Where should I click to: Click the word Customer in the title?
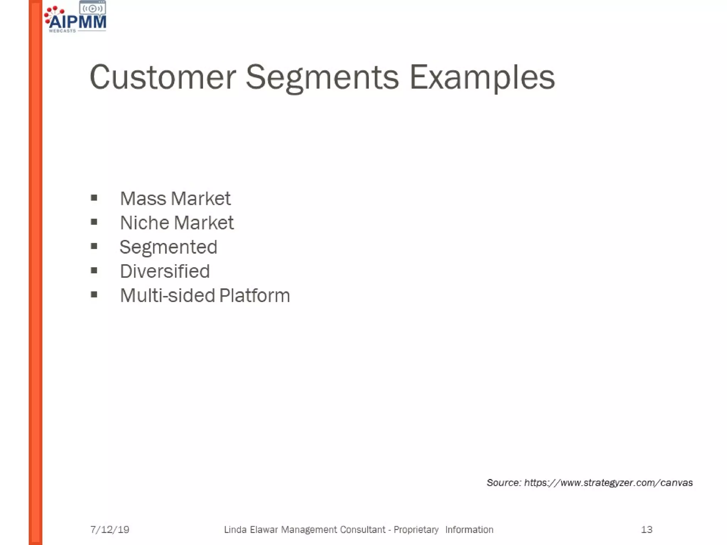pyautogui.click(x=163, y=77)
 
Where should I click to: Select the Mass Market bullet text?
pyautogui.click(x=175, y=198)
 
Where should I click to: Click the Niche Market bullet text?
pyautogui.click(x=177, y=223)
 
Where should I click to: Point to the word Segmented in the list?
pyautogui.click(x=168, y=247)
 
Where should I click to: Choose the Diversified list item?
pyautogui.click(x=165, y=271)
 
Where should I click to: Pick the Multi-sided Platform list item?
pyautogui.click(x=205, y=296)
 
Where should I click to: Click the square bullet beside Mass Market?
pyautogui.click(x=94, y=198)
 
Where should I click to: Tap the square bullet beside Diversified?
pyautogui.click(x=94, y=271)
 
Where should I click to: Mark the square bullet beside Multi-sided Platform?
pyautogui.click(x=94, y=294)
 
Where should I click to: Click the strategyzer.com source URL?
pyautogui.click(x=608, y=483)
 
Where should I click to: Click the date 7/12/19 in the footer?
pyautogui.click(x=110, y=530)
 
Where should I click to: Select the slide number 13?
pyautogui.click(x=646, y=530)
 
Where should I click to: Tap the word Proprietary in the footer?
pyautogui.click(x=416, y=530)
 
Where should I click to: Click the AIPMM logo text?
pyautogui.click(x=78, y=22)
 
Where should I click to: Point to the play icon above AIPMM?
pyautogui.click(x=92, y=9)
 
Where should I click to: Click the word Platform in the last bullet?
pyautogui.click(x=255, y=296)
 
